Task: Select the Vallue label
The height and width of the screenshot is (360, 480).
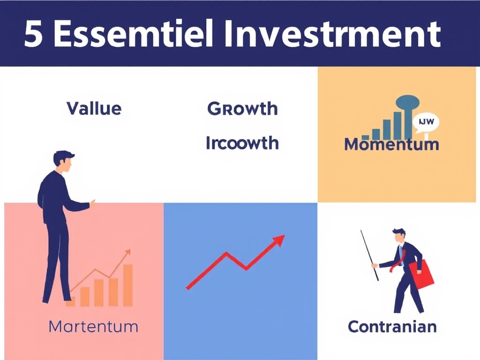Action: [x=94, y=109]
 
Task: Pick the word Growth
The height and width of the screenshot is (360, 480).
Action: [x=242, y=109]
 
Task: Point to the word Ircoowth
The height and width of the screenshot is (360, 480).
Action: [x=242, y=142]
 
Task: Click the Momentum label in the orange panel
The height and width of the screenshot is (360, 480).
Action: [x=391, y=144]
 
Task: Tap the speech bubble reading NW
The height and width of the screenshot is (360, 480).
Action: [x=426, y=123]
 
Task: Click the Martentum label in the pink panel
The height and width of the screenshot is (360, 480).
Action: [x=93, y=326]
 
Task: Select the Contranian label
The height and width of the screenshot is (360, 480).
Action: [x=392, y=326]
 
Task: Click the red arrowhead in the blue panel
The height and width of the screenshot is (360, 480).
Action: [x=279, y=240]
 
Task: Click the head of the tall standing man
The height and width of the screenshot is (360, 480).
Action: [x=63, y=161]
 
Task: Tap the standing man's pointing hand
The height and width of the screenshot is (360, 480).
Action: [x=92, y=204]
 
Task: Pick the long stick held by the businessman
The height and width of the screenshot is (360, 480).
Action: [x=369, y=255]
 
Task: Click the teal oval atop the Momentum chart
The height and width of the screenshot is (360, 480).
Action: [x=407, y=101]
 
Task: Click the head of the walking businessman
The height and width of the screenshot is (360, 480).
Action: [x=398, y=236]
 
